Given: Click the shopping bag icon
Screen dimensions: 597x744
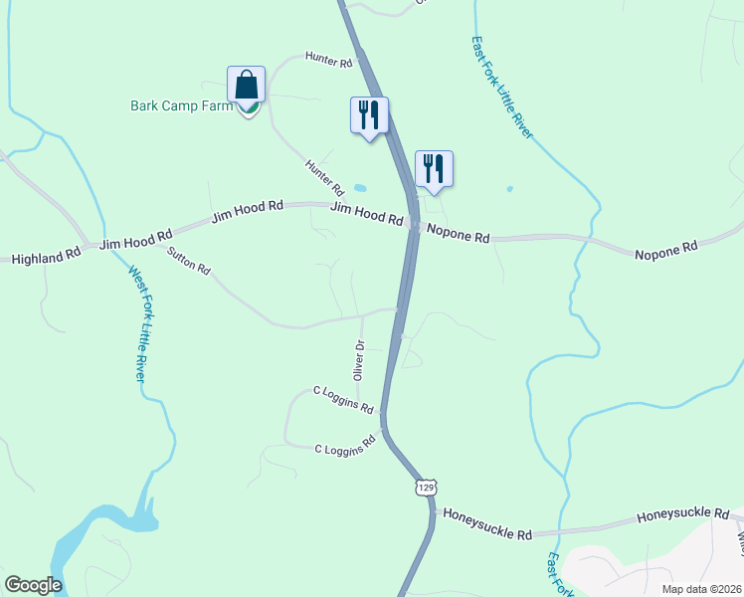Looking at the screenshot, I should coord(246,87).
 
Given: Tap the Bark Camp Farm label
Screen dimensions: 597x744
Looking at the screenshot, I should coord(182,105).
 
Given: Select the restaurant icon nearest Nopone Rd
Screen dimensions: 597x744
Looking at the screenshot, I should coord(434,168).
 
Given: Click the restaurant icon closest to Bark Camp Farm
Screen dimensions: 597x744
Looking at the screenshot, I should coord(369,114).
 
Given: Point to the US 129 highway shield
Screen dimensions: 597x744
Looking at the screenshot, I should coord(426,488).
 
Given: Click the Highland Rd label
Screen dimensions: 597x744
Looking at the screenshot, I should coord(46,258).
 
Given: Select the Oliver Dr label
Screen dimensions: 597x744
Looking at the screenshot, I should coord(360,359).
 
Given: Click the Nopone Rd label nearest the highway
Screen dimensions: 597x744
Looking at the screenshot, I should coord(459,237).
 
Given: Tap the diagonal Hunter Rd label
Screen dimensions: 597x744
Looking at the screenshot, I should coord(324,177).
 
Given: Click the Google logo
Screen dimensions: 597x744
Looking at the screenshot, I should coord(33,585).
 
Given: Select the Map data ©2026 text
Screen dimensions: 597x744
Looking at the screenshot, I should coord(702,588).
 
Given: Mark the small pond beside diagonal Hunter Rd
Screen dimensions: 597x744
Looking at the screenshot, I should coord(359,187).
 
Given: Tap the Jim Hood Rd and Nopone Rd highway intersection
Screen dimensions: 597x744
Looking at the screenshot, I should coord(413,227).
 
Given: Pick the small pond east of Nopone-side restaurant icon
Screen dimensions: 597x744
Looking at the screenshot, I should coord(510,188).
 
